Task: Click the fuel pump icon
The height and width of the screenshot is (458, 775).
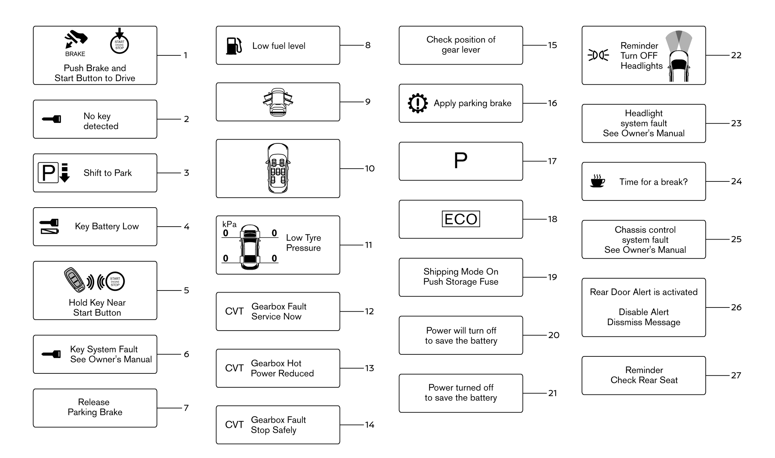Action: point(234,46)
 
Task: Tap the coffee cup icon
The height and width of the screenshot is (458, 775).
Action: point(598,181)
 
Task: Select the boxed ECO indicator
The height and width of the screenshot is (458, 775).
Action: point(461,219)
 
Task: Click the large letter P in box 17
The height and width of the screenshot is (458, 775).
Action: point(461,160)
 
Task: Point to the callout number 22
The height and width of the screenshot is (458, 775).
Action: point(736,55)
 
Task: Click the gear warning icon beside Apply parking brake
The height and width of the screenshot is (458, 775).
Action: point(418,103)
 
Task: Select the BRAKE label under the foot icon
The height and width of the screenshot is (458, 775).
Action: point(75,54)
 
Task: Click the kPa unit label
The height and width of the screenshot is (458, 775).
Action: point(229,224)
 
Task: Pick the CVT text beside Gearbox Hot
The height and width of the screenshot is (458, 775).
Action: point(234,368)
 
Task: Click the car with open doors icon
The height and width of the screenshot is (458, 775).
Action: point(278,102)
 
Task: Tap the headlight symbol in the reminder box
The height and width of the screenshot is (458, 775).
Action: point(598,55)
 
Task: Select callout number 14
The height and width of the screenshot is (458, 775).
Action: point(369,425)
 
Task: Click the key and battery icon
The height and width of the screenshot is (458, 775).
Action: point(50,227)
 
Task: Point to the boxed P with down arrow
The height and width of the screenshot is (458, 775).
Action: point(54,173)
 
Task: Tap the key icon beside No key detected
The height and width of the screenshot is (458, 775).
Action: point(51,119)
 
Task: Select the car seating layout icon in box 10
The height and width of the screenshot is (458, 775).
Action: point(278,168)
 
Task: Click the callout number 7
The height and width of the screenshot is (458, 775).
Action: point(186,408)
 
